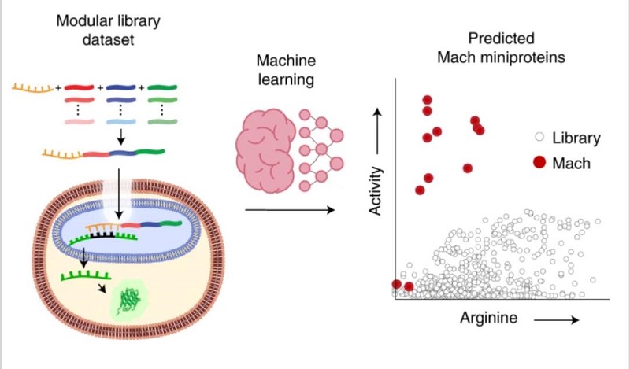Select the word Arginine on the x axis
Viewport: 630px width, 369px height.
[x=489, y=318]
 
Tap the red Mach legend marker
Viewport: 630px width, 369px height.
[x=539, y=163]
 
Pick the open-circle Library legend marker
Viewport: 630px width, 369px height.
[x=539, y=138]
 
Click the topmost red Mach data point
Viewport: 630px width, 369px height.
[x=427, y=100]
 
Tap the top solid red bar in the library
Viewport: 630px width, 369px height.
[x=79, y=87]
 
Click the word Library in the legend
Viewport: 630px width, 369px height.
[x=576, y=138]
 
